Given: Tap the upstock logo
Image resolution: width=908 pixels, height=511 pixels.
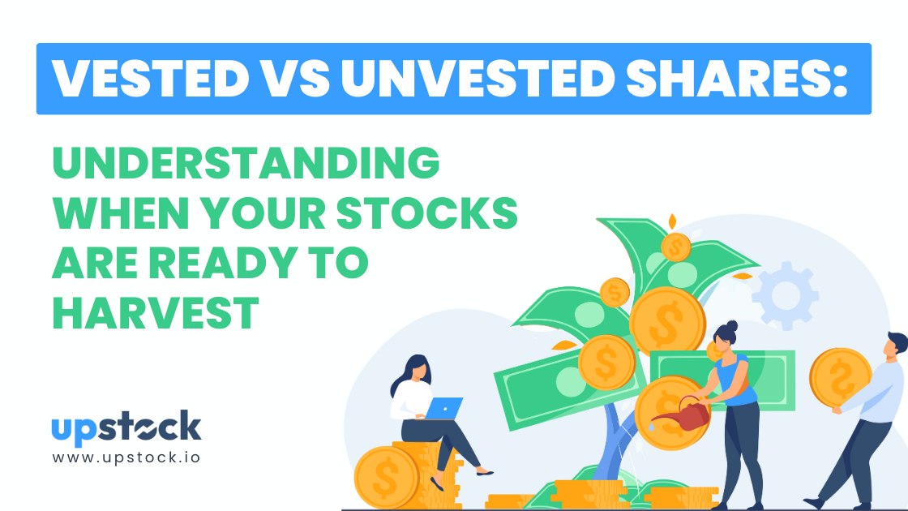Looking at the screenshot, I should pyautogui.click(x=126, y=427).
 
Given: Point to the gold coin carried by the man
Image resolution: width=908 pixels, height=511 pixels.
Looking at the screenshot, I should pyautogui.click(x=840, y=378).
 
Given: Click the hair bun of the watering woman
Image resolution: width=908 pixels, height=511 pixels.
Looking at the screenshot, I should pyautogui.click(x=732, y=325).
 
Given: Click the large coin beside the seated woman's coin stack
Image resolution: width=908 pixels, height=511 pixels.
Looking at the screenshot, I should pyautogui.click(x=386, y=478).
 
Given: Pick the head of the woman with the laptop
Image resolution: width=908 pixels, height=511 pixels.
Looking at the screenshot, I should pyautogui.click(x=413, y=369).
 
